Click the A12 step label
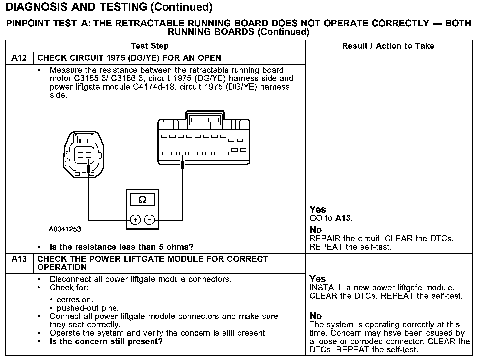coord(19,58)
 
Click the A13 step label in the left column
coord(19,259)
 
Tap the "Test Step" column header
coord(150,46)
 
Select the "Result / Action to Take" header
coord(388,46)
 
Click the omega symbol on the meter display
coord(142,200)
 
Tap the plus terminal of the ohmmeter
coord(135,220)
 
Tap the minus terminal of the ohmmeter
coord(150,220)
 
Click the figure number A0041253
coord(65,229)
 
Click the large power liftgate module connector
coord(204,142)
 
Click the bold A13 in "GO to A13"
coord(343,218)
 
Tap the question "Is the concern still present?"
coord(106,342)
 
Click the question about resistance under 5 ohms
coord(121,247)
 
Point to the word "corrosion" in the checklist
coord(75,300)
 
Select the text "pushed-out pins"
coord(88,308)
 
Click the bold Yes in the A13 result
coord(317,279)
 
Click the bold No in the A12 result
coord(315,230)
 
